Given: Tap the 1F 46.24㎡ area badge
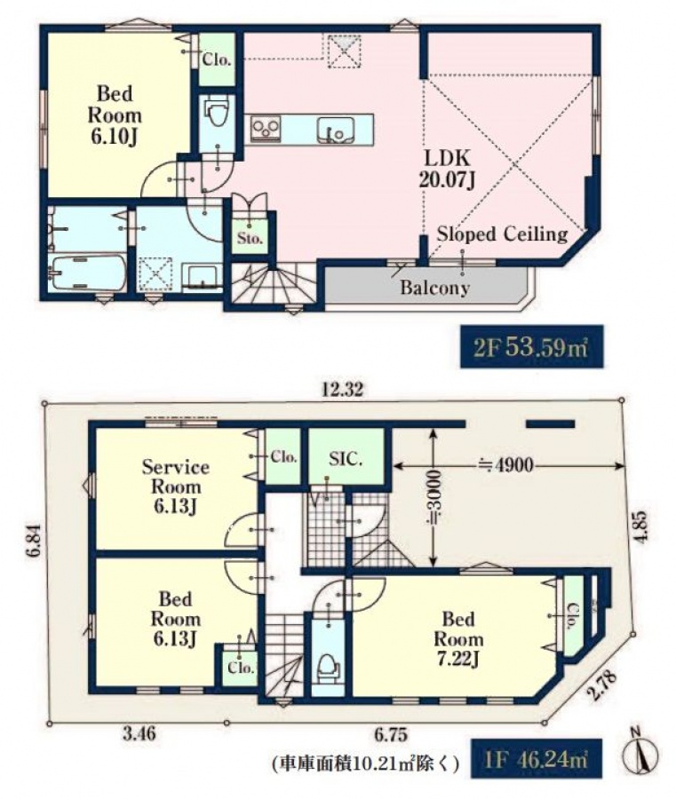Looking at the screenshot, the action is click(x=536, y=761).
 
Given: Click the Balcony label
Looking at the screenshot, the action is click(x=434, y=288).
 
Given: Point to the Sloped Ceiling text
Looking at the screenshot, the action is click(x=502, y=233).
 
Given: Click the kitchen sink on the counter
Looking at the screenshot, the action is click(x=334, y=131).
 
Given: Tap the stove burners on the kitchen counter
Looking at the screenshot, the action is click(x=265, y=128).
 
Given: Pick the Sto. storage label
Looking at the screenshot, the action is click(x=250, y=238).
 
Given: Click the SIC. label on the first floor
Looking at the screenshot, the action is click(x=346, y=459).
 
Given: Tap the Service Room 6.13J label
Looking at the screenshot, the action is click(x=175, y=487).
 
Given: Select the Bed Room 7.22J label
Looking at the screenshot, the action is click(x=458, y=639).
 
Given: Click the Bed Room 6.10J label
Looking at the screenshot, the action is click(x=115, y=115).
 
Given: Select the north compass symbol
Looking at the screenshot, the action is click(x=640, y=753).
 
